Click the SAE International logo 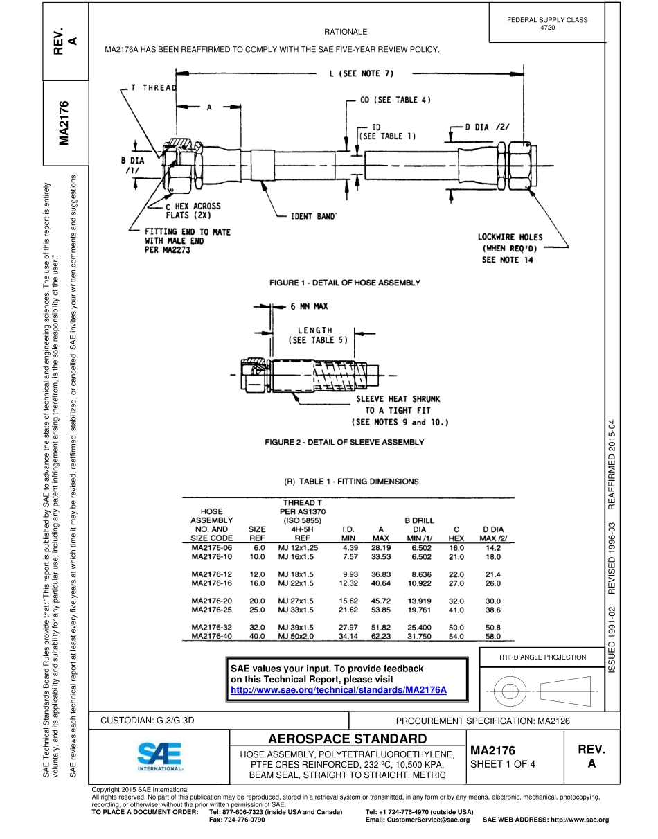point(159,757)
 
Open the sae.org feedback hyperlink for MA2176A point(338,690)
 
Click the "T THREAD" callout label point(149,88)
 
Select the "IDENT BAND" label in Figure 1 point(317,217)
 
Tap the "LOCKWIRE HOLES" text point(510,237)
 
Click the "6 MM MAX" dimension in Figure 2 point(309,306)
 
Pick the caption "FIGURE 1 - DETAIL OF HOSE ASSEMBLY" point(344,283)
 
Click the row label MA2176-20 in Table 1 point(212,600)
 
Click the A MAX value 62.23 point(381,635)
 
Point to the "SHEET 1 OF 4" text point(503,764)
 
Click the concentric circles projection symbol point(510,690)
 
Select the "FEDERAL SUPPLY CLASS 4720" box point(547,24)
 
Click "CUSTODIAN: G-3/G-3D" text point(148,720)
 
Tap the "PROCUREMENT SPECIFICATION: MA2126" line point(483,721)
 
